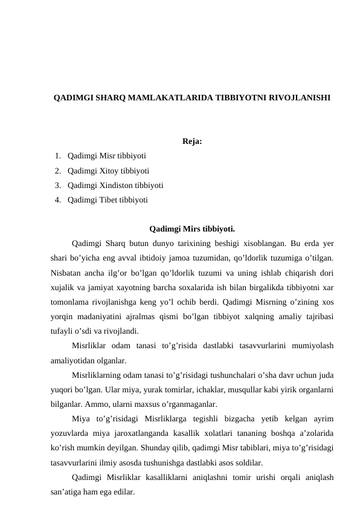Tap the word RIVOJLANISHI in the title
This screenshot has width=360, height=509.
(x=300, y=97)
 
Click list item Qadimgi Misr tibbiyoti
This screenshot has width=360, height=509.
(x=106, y=155)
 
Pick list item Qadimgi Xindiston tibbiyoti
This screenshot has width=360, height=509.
(x=115, y=185)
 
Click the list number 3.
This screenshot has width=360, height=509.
(x=56, y=185)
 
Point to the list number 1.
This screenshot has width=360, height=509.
(x=56, y=155)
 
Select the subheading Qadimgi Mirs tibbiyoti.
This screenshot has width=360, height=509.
(x=192, y=229)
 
